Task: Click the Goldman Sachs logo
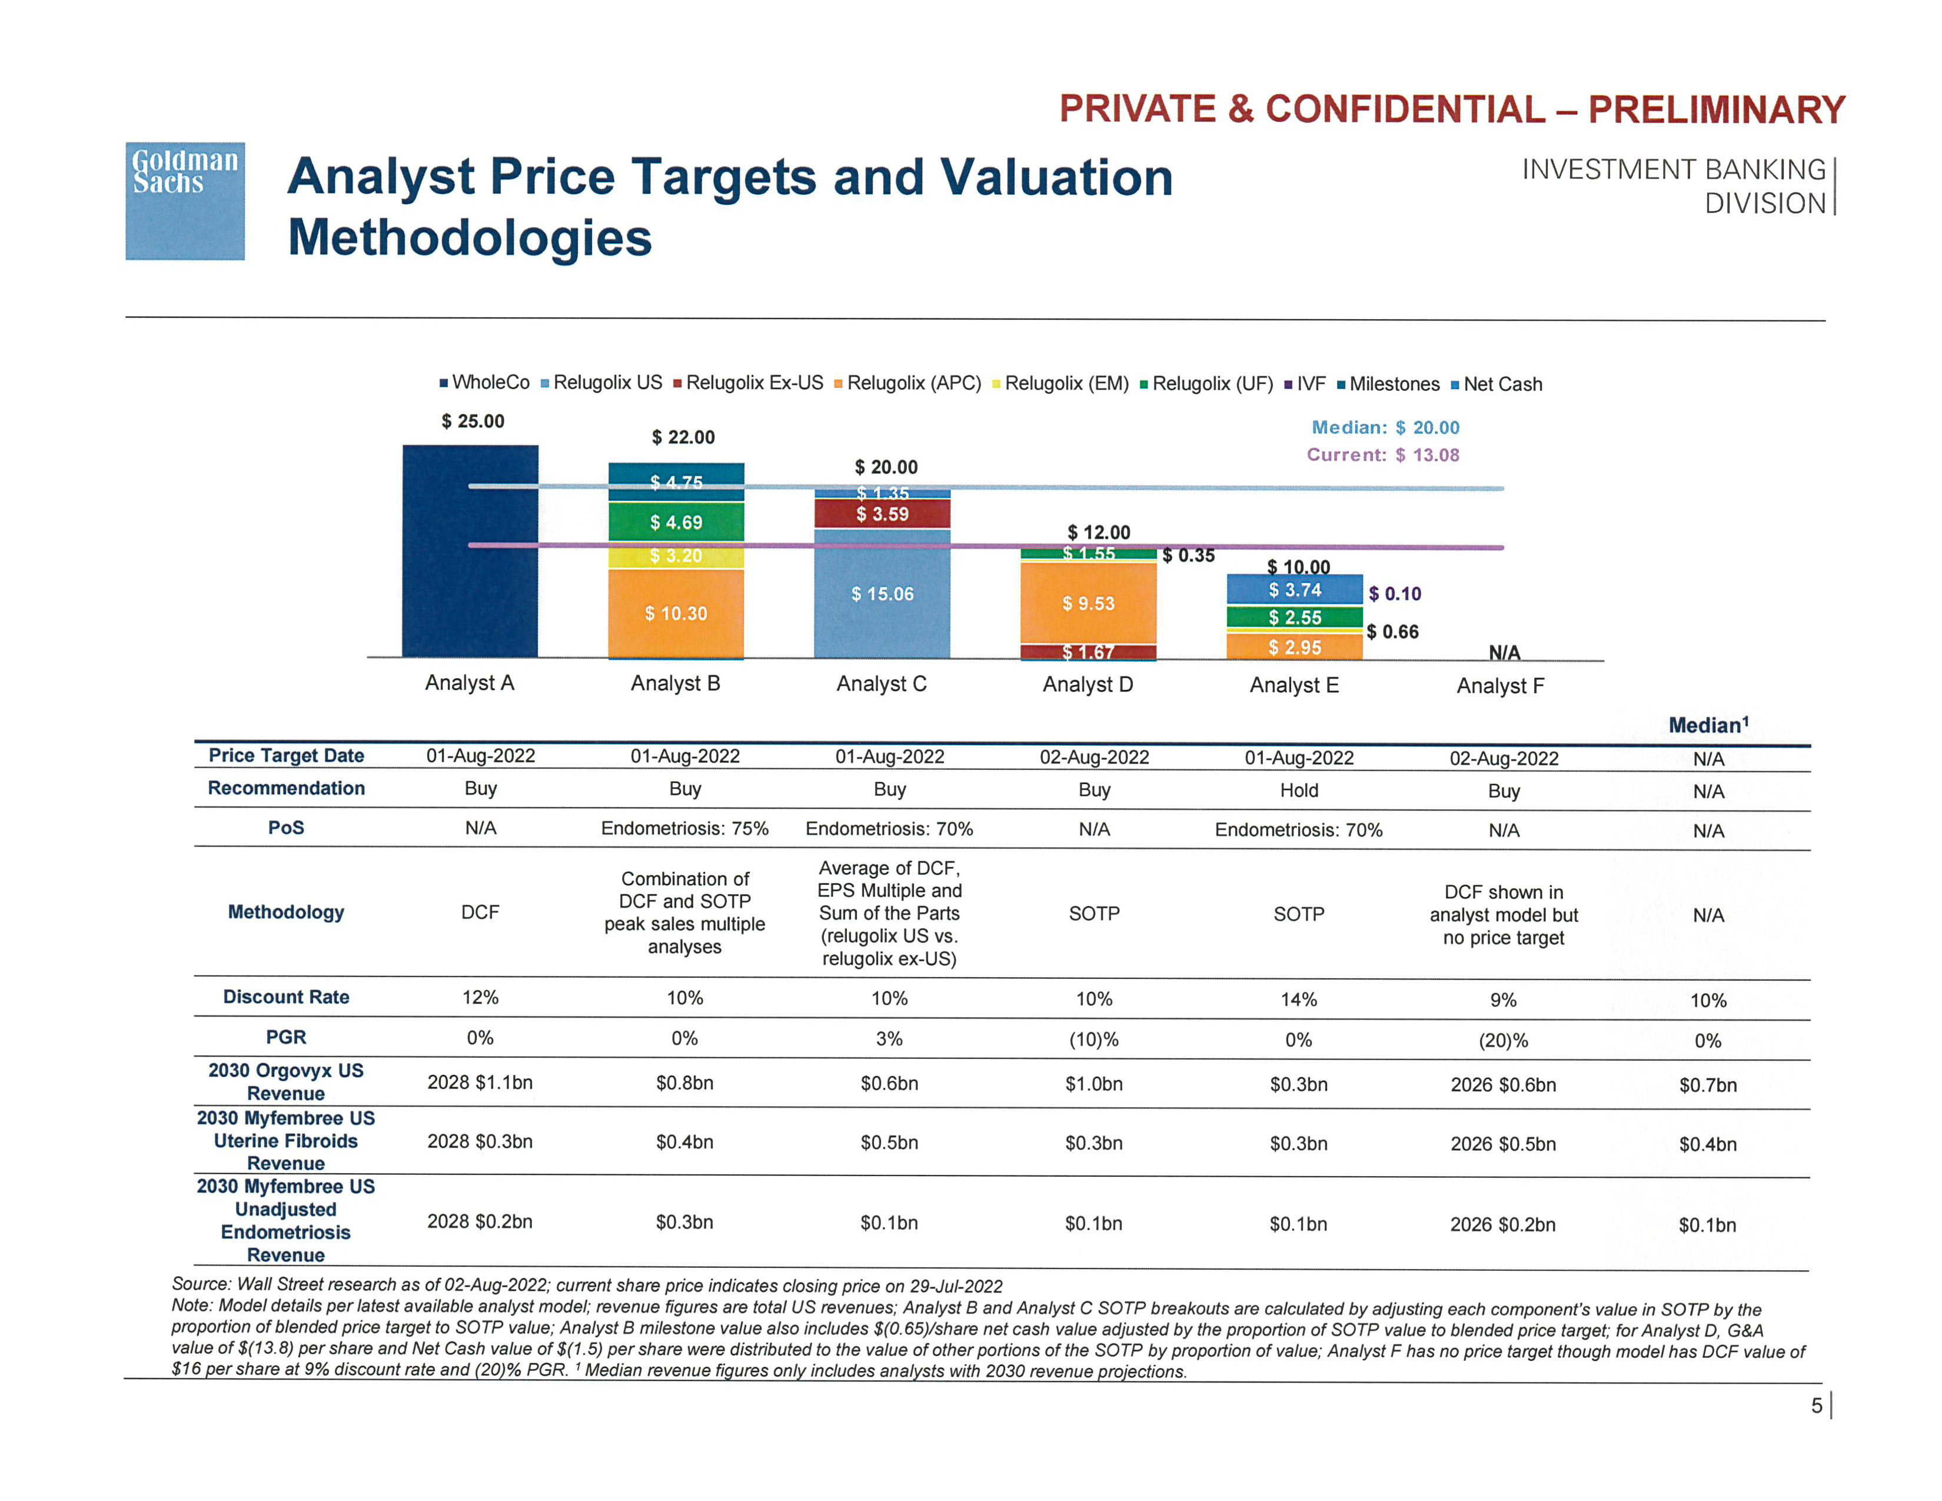(x=185, y=201)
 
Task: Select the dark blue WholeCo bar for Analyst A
(x=470, y=552)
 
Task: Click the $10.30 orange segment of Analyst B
(x=676, y=613)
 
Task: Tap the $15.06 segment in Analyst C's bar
(x=882, y=594)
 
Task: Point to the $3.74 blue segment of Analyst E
(x=1295, y=590)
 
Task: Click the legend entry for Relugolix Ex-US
(x=749, y=383)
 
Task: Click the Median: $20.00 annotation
(x=1385, y=428)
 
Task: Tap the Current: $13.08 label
(x=1383, y=455)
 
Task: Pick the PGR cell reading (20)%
(x=1503, y=1040)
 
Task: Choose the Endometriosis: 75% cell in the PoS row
(x=684, y=829)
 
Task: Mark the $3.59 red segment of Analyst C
(x=882, y=514)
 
